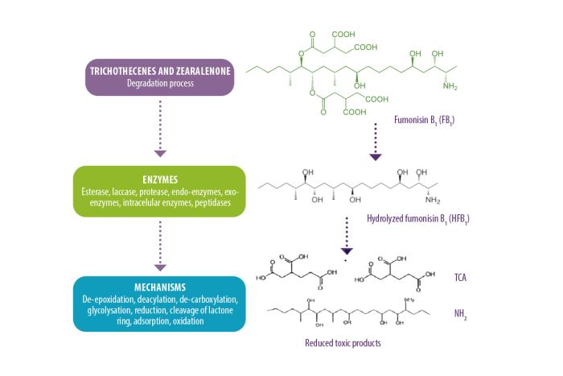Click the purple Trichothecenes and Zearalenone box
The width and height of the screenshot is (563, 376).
tap(160, 76)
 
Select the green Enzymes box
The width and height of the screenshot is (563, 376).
tap(160, 192)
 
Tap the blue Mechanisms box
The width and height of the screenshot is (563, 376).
tap(159, 304)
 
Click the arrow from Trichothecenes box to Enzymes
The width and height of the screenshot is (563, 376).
tap(160, 129)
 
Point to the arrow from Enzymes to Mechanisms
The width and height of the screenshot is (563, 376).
tap(160, 245)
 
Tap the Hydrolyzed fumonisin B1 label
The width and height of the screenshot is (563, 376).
tap(407, 218)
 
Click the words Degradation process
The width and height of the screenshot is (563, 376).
tap(160, 83)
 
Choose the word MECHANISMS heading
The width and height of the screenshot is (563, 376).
tap(159, 287)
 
